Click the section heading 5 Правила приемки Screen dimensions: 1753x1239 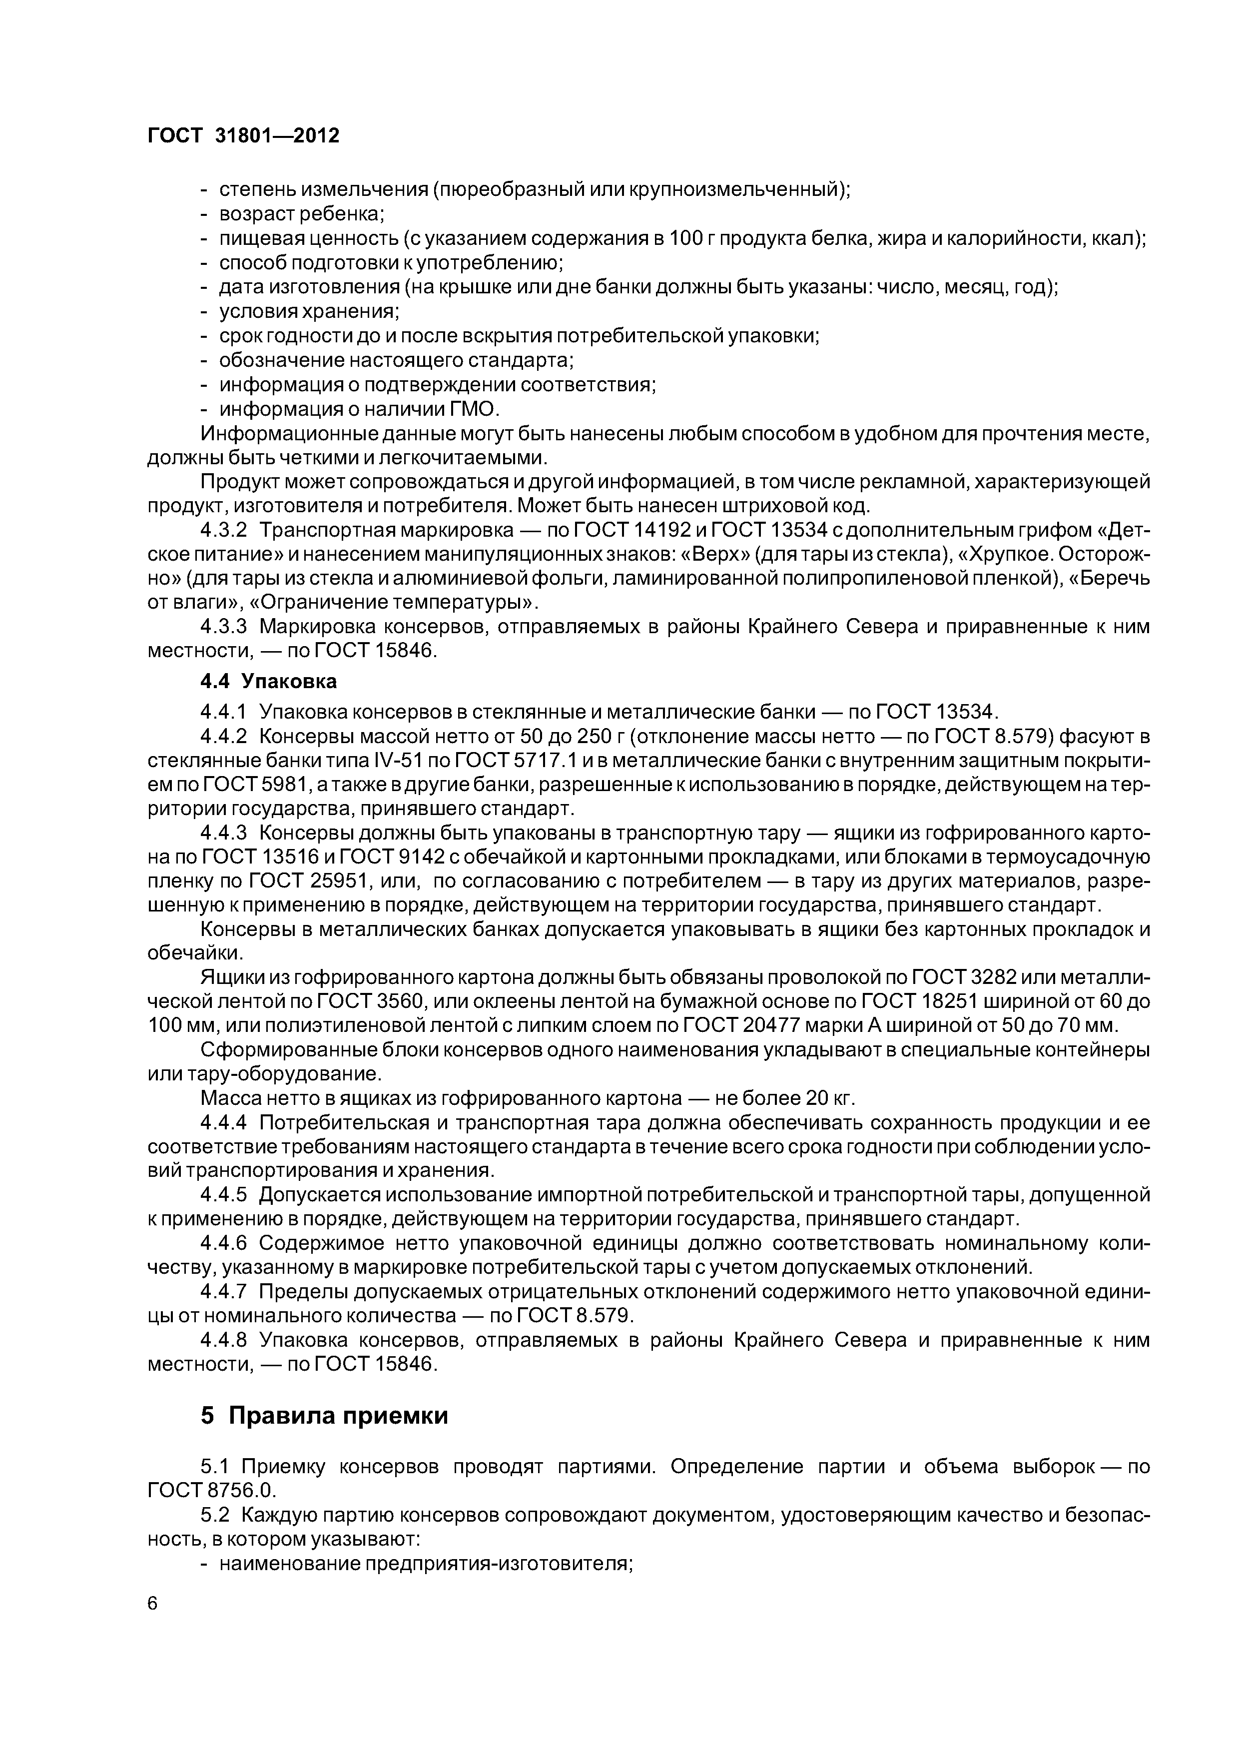[x=324, y=1416]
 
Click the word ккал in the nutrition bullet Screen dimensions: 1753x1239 [x=1114, y=238]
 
